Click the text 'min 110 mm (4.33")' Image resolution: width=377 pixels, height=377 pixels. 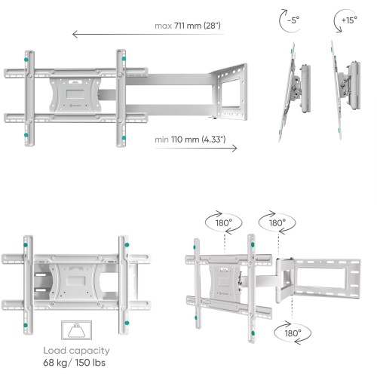tap(191, 140)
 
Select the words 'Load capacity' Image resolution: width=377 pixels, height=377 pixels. tap(75, 351)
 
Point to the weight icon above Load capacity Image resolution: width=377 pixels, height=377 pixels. tap(75, 331)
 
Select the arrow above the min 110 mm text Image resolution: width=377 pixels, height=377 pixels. tap(196, 148)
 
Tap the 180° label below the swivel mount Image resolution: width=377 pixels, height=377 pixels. tap(293, 332)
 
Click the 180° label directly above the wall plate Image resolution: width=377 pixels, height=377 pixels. tap(271, 224)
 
